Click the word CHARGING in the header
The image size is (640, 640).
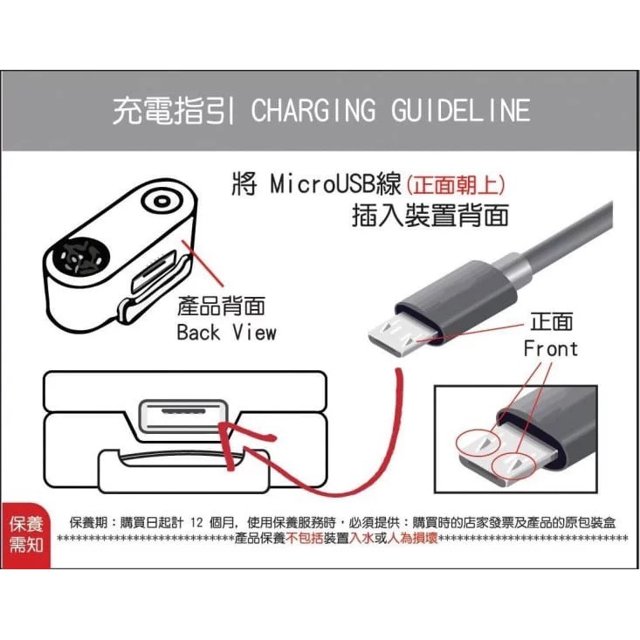313,111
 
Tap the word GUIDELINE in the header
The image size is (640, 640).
460,111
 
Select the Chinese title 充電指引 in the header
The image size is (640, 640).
174,111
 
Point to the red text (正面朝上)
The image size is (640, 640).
456,185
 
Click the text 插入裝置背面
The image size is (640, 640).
430,216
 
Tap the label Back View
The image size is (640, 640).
226,333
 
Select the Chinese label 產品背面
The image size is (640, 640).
221,306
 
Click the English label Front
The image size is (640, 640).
551,349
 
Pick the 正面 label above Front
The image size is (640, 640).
552,322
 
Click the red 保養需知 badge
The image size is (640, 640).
26,535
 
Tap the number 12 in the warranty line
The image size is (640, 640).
196,522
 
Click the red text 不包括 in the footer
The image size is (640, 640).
305,539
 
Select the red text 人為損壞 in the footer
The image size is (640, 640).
412,539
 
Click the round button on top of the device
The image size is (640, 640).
162,201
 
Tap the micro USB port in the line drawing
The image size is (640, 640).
182,415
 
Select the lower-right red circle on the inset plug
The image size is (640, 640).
513,465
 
